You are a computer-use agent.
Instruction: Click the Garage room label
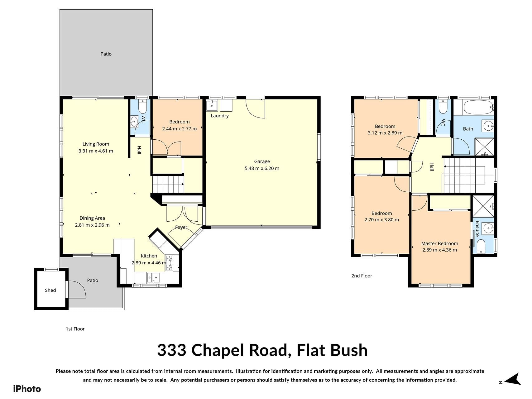262,161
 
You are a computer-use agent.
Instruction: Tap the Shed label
50,290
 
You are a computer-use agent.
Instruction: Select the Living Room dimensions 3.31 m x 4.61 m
96,151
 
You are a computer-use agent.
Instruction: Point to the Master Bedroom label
439,243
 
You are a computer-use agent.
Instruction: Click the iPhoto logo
27,389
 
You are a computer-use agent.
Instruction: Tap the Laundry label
220,116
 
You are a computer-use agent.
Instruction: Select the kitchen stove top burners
170,262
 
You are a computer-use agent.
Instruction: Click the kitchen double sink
153,277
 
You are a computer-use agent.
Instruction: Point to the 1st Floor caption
75,329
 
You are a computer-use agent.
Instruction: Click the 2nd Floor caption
362,276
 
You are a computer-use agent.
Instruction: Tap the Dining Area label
92,218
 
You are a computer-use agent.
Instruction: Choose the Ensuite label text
477,229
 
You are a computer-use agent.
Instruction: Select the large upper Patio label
106,54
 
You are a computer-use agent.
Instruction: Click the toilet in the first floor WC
142,106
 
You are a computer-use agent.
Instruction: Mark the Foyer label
181,227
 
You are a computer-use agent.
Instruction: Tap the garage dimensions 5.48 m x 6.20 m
262,168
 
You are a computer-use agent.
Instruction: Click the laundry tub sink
212,105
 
